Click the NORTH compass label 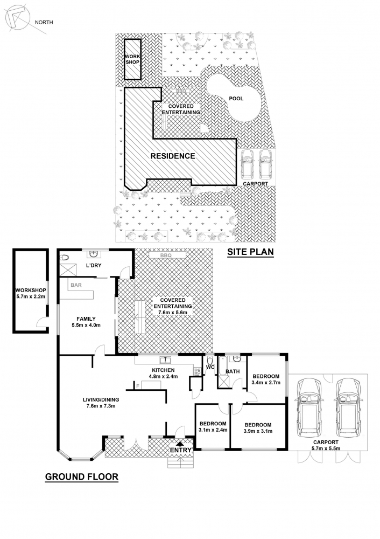(x=44, y=22)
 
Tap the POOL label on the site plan (x=236, y=99)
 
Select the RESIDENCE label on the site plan (x=173, y=156)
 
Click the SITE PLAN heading (x=251, y=252)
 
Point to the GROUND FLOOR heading (x=82, y=477)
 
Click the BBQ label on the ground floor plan (x=166, y=255)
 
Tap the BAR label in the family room (x=76, y=285)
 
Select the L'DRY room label (x=94, y=265)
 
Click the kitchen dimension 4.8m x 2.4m (x=164, y=376)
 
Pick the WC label (x=210, y=367)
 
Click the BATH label (x=233, y=371)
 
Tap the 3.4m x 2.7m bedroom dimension (x=266, y=383)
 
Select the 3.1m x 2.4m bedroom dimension (x=213, y=430)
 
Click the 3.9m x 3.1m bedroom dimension (x=258, y=431)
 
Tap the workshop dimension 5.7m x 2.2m (x=31, y=296)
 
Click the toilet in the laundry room (x=65, y=258)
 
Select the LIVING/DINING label (x=101, y=400)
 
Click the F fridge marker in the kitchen (x=138, y=386)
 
